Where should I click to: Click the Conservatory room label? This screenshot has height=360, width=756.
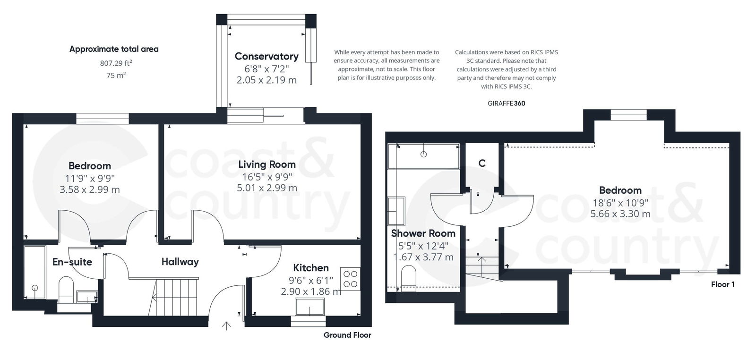[x=266, y=56]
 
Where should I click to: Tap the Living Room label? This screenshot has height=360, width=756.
[x=266, y=164]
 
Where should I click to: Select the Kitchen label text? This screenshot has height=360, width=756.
[x=310, y=267]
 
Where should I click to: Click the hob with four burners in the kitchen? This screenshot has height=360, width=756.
[x=350, y=278]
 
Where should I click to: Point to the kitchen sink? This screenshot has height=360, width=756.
[x=310, y=307]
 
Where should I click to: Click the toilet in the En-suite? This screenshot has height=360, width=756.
[x=65, y=289]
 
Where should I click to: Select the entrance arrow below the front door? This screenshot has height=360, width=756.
[x=226, y=326]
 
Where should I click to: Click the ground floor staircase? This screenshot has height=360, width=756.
[x=175, y=297]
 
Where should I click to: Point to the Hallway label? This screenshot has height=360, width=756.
[x=180, y=262]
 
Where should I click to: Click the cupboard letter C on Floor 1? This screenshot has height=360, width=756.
[x=481, y=163]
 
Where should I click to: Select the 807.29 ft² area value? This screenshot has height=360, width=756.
[x=116, y=63]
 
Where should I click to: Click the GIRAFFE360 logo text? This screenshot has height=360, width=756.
[x=506, y=103]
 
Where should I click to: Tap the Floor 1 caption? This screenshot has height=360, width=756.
[x=722, y=284]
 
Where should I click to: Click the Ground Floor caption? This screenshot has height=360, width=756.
[x=347, y=335]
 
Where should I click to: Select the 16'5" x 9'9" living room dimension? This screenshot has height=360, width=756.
[x=266, y=177]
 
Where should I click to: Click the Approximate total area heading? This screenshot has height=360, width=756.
[x=114, y=49]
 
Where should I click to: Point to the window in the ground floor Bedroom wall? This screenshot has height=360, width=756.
[x=103, y=118]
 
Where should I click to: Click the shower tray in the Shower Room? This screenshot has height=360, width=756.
[x=423, y=156]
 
